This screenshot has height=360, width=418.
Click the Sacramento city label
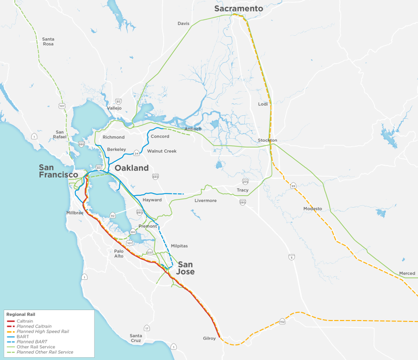pyautogui.click(x=238, y=9)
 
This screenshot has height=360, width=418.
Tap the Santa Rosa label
pyautogui.click(x=48, y=41)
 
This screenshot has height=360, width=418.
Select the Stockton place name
pyautogui.click(x=268, y=140)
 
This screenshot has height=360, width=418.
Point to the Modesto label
pyautogui.click(x=313, y=209)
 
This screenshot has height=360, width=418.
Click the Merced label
pyautogui.click(x=407, y=273)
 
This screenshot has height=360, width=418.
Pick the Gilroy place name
pyautogui.click(x=209, y=338)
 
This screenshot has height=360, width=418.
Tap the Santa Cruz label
pyautogui.click(x=136, y=337)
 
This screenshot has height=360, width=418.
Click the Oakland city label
pyautogui.click(x=131, y=168)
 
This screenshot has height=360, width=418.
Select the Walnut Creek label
pyautogui.click(x=162, y=151)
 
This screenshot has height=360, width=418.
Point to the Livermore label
pyautogui.click(x=205, y=200)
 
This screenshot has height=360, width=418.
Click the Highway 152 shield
pyautogui.click(x=282, y=321)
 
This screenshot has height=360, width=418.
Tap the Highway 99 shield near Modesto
pyautogui.click(x=293, y=186)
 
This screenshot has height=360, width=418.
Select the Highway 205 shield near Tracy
pyautogui.click(x=245, y=181)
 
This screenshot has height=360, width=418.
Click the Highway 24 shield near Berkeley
pyautogui.click(x=137, y=153)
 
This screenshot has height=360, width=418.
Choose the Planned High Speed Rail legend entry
pyautogui.click(x=42, y=332)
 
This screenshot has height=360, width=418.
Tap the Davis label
pyautogui.click(x=183, y=23)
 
